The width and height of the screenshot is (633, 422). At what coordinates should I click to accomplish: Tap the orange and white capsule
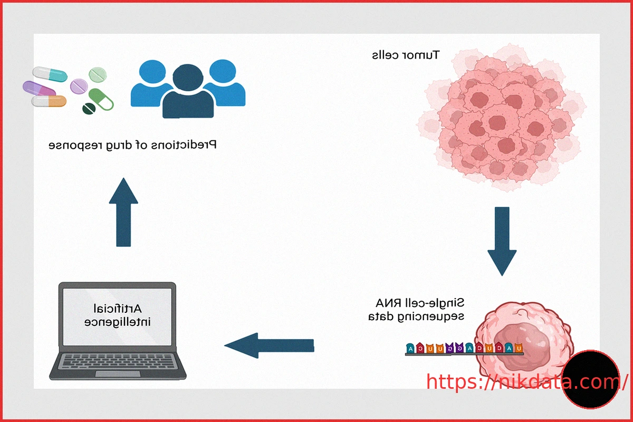pyautogui.click(x=49, y=100)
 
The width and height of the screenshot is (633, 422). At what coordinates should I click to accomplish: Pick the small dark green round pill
pyautogui.click(x=88, y=109)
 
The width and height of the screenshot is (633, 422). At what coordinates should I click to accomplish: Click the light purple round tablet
pyautogui.click(x=79, y=86)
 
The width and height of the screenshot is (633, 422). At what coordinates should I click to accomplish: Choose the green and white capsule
pyautogui.click(x=101, y=99)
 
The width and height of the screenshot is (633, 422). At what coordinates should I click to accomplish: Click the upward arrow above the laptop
pyautogui.click(x=123, y=211)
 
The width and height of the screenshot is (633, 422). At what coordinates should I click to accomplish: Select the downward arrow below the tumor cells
pyautogui.click(x=502, y=240)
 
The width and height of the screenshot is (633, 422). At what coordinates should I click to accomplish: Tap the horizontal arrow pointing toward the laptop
pyautogui.click(x=269, y=346)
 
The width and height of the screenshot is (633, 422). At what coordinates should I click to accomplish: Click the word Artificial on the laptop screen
pyautogui.click(x=118, y=307)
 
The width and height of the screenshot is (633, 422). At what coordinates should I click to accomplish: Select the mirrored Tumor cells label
pyautogui.click(x=406, y=55)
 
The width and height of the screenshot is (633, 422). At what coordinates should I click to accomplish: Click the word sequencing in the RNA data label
pyautogui.click(x=430, y=316)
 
